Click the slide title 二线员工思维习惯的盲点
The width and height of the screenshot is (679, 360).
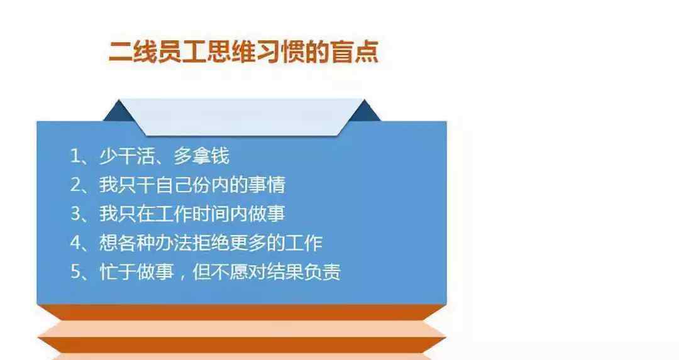point(243,52)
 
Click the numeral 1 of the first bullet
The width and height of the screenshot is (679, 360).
point(75,156)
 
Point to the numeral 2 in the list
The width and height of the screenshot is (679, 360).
point(75,185)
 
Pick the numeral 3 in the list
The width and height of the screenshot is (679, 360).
point(75,214)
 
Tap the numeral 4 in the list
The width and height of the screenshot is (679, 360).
point(75,243)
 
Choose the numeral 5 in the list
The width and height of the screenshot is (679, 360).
point(75,272)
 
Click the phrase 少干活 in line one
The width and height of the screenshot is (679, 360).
point(127,156)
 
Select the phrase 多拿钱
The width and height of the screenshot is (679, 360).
point(201,156)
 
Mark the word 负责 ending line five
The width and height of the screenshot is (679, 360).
point(322,272)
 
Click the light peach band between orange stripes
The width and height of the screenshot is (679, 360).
point(241,329)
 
